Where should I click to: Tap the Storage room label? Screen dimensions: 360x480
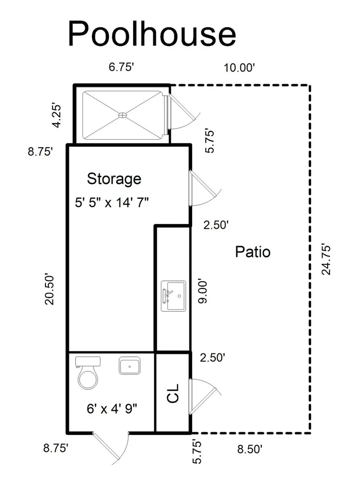114,179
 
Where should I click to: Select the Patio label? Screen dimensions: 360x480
253,252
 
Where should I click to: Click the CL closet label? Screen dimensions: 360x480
173,393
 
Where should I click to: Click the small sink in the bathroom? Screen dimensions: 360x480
129,366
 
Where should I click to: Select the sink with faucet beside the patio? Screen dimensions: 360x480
173,296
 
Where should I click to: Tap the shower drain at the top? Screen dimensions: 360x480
122,115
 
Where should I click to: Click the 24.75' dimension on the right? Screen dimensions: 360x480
326,260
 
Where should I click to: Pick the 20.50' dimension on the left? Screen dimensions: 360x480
49,289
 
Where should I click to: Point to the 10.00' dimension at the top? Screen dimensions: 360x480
239,67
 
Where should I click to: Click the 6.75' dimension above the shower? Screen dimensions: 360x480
121,67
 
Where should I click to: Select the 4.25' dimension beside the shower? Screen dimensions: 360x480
57,116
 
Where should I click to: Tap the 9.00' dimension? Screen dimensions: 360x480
202,291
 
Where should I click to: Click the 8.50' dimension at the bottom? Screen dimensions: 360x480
250,449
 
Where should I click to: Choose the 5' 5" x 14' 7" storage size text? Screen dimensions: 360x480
112,202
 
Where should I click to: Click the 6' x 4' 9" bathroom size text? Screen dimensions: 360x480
112,408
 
